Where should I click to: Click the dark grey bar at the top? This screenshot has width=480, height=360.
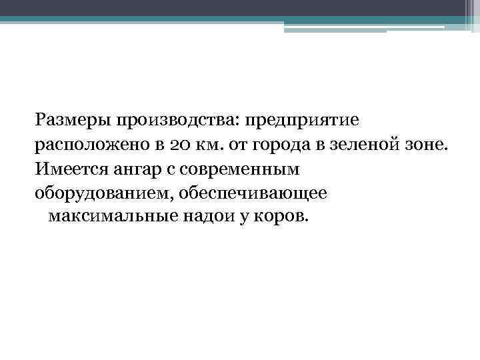pyautogui.click(x=240, y=7)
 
